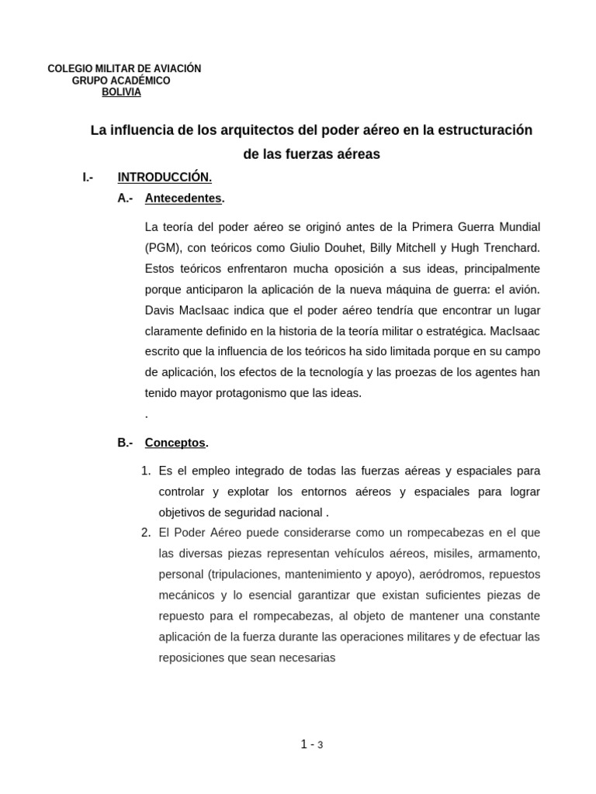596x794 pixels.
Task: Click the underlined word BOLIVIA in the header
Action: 122,92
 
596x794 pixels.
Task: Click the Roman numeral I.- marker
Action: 88,178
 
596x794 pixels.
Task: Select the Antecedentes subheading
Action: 183,198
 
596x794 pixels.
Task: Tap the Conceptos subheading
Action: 175,443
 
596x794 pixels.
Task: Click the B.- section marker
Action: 126,443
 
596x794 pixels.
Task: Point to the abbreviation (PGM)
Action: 162,247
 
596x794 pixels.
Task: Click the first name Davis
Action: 161,310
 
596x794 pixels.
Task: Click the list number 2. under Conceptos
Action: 146,533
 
